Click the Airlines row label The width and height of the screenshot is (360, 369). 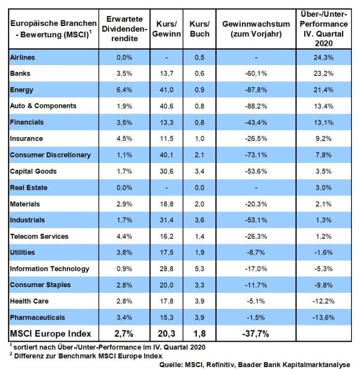22,58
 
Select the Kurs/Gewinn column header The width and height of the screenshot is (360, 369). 166,29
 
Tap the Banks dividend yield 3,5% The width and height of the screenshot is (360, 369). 124,73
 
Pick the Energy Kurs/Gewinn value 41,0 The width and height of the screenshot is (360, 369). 166,90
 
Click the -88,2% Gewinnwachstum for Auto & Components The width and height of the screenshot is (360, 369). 256,106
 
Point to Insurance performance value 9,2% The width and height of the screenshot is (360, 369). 323,139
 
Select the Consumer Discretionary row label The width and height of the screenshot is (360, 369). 50,155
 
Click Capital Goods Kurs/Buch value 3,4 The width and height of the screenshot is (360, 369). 199,171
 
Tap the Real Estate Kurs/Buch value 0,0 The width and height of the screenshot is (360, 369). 199,188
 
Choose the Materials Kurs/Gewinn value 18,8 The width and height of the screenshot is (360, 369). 166,204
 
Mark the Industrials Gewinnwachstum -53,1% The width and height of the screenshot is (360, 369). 256,220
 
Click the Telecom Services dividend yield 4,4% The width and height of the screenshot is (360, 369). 124,236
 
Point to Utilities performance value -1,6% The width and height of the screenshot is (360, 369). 323,252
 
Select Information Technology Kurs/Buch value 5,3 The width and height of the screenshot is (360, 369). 199,269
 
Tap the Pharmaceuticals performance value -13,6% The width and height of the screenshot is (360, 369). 323,318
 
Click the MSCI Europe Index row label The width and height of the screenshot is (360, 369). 50,334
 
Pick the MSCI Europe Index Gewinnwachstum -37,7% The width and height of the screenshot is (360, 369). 256,334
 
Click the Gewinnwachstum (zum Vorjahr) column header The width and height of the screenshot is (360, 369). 256,29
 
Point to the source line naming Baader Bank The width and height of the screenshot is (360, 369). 254,365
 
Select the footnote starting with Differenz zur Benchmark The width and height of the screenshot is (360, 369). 86,356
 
